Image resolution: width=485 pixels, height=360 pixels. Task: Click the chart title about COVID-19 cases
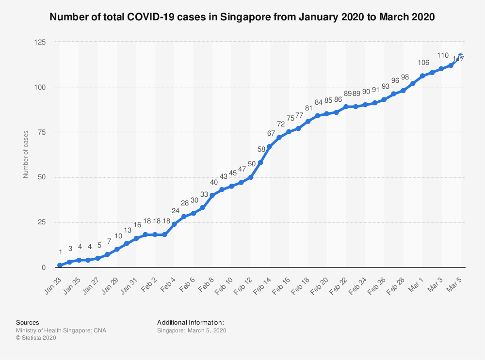click(x=242, y=17)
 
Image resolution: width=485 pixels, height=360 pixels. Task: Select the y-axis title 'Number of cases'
click(x=26, y=154)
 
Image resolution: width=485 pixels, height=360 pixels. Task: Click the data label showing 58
click(x=260, y=150)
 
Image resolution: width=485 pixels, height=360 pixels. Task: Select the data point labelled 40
click(x=212, y=195)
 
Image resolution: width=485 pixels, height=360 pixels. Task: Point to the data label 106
click(x=423, y=63)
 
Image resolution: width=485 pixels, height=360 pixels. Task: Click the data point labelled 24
click(x=174, y=224)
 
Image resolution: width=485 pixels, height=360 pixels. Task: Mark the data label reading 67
click(x=270, y=133)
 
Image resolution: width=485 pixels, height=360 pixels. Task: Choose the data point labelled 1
click(x=60, y=266)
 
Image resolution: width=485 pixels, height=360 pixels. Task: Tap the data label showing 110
click(x=442, y=55)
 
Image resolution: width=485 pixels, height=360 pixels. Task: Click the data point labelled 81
click(x=308, y=121)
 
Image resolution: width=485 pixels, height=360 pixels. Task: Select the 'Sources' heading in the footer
click(x=28, y=322)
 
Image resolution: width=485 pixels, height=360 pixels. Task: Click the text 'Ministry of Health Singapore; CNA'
click(x=61, y=330)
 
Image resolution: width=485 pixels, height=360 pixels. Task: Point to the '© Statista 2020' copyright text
click(x=36, y=338)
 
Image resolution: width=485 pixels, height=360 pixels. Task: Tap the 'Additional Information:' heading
click(x=190, y=322)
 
